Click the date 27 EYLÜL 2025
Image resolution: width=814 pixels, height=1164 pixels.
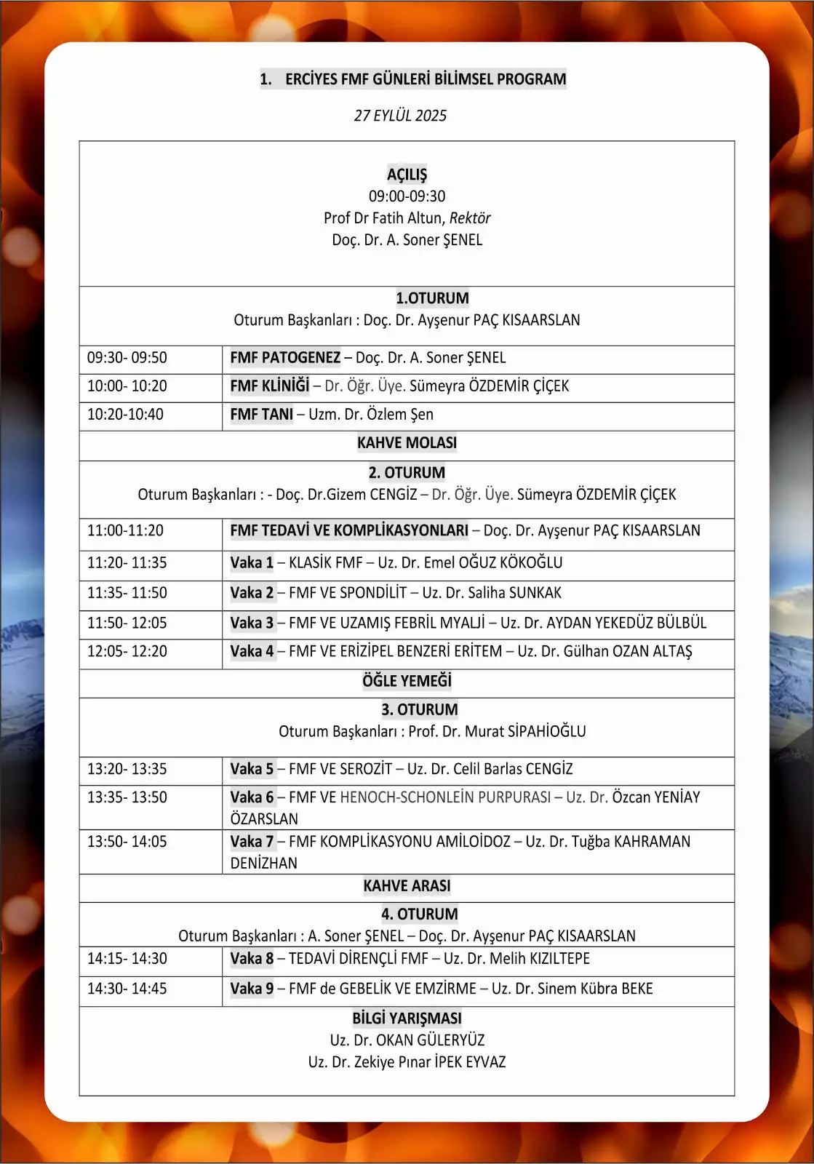point(400,116)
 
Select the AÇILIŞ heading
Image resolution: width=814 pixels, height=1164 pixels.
point(407,175)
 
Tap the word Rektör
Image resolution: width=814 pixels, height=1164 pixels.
point(470,218)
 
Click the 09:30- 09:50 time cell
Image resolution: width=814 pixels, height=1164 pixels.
point(127,358)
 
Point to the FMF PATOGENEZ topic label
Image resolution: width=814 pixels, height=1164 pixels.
point(285,358)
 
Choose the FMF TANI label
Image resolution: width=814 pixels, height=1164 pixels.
point(261,415)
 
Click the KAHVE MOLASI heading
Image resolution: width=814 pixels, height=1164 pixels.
point(407,443)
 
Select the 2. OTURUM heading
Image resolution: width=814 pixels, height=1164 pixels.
point(407,473)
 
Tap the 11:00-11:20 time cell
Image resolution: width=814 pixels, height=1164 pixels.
point(125,531)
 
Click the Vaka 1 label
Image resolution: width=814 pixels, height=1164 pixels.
point(252,563)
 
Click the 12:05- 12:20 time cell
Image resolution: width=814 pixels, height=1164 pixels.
point(127,652)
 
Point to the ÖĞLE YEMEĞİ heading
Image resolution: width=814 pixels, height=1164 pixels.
point(407,681)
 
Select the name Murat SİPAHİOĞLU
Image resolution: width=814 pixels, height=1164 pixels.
point(525,732)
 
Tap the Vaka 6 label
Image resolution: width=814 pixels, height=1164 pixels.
point(252,798)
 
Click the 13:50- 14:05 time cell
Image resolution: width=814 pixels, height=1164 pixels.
point(127,842)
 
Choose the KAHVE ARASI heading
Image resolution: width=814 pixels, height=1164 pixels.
point(407,886)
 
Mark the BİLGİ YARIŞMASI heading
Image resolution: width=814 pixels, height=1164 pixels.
point(407,1018)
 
